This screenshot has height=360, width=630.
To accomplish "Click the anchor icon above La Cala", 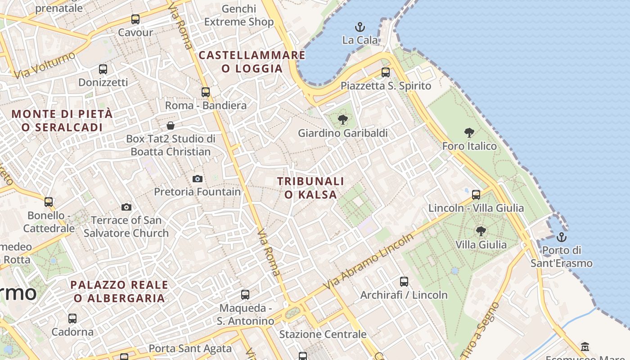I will [359, 27].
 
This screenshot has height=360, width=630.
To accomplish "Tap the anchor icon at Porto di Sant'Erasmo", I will [561, 237].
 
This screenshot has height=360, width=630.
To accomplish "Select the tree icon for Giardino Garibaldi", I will [343, 120].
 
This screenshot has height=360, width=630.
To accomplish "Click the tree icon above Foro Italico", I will [469, 133].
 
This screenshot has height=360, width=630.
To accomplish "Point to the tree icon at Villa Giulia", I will [481, 231].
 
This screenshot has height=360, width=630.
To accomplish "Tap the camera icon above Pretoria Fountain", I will [197, 179].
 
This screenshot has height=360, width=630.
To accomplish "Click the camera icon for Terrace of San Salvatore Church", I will [126, 207].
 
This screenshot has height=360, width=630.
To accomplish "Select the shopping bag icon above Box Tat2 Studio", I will [171, 125].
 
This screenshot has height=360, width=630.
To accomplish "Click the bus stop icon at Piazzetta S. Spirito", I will [385, 72].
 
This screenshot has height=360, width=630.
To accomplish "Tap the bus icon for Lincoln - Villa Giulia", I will [476, 195].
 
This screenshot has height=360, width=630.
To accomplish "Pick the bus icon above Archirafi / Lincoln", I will [404, 282].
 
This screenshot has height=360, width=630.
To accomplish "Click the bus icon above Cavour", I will [135, 19].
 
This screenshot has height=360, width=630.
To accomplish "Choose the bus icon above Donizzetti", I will [103, 69].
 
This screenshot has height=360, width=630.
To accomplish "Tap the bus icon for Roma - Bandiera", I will [206, 92].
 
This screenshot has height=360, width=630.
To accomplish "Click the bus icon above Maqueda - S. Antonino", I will [245, 295].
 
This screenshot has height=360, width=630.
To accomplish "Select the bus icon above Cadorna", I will [72, 319].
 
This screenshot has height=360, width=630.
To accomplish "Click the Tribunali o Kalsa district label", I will [310, 188].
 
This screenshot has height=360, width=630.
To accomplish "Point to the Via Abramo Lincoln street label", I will [369, 261].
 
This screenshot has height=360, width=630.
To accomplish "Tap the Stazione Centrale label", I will [323, 334].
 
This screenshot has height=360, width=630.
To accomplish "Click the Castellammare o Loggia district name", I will [252, 62].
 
